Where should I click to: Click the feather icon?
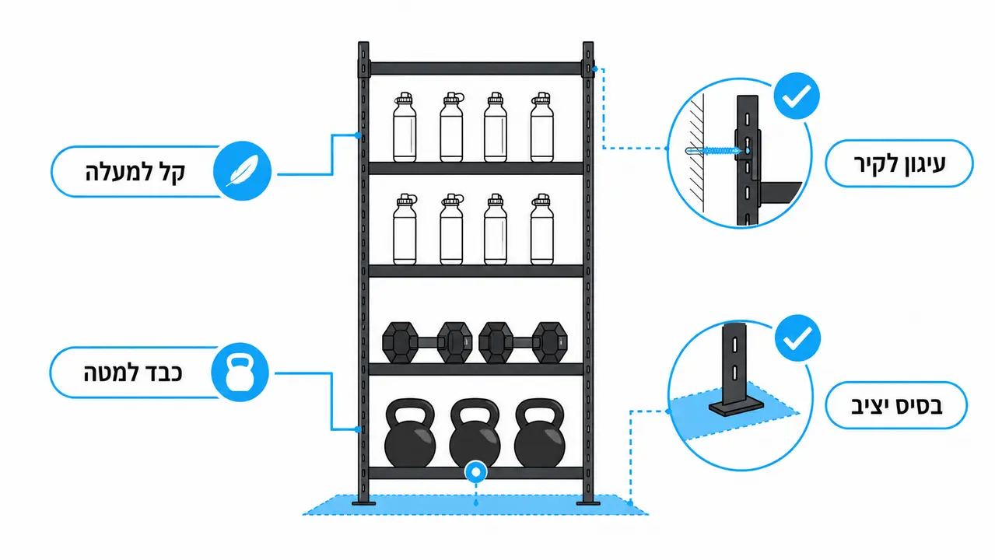pos(242,171)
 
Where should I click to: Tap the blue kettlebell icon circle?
pos(240,372)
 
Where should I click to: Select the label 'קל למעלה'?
pos(135,171)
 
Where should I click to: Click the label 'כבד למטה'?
pos(133,373)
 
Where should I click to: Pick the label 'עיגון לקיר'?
pos(899,163)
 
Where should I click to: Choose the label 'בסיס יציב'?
pos(896,405)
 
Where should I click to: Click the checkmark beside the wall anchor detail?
pos(797,96)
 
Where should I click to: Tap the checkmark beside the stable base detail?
pos(797,338)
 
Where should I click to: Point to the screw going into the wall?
pos(714,151)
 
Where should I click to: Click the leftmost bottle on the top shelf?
pos(405,128)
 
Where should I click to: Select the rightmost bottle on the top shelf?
pos(542,128)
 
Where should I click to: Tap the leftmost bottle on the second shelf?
pos(405,229)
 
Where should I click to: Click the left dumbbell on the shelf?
pos(427,342)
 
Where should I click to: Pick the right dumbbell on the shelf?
pos(523,342)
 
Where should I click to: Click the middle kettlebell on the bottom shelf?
pos(475,433)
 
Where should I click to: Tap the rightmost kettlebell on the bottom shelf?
pos(540,433)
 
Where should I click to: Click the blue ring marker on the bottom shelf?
pos(476,471)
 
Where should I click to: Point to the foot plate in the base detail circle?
pos(737,408)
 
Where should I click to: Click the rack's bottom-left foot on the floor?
pos(363,503)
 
